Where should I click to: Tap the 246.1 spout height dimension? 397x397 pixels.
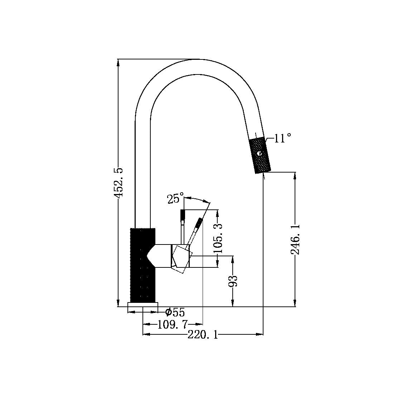point(295,239)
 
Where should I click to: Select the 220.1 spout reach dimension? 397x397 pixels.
point(203,335)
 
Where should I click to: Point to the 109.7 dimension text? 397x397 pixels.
point(173,325)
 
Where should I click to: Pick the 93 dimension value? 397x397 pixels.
point(233,281)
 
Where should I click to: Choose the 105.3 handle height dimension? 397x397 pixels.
point(218,238)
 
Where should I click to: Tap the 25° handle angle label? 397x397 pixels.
point(175,198)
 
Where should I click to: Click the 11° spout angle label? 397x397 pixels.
point(282,138)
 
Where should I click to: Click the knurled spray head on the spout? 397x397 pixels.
point(260,155)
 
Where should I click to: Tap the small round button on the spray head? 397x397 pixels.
point(259,154)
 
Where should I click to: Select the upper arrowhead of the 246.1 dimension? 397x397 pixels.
point(295,175)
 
